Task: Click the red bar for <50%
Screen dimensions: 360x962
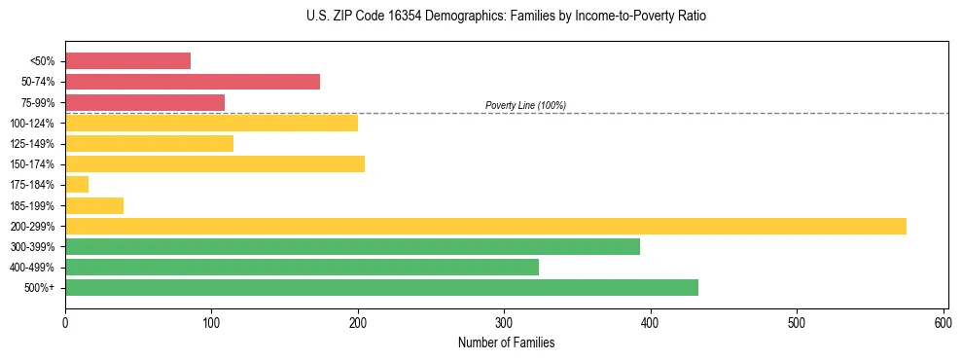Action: pos(127,61)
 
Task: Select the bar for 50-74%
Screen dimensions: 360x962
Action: pos(193,82)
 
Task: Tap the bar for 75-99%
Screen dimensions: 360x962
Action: pos(145,102)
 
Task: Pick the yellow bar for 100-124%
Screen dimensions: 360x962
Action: pos(211,123)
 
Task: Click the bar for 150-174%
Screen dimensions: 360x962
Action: pos(215,164)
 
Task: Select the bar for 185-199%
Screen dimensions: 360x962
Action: pos(94,205)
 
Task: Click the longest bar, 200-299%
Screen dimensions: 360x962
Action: pos(485,226)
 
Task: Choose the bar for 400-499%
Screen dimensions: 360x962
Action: pos(302,268)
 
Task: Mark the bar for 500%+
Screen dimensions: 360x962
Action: pos(381,288)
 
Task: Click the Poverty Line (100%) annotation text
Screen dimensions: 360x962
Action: pos(525,105)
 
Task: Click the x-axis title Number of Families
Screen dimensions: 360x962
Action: pos(506,343)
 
